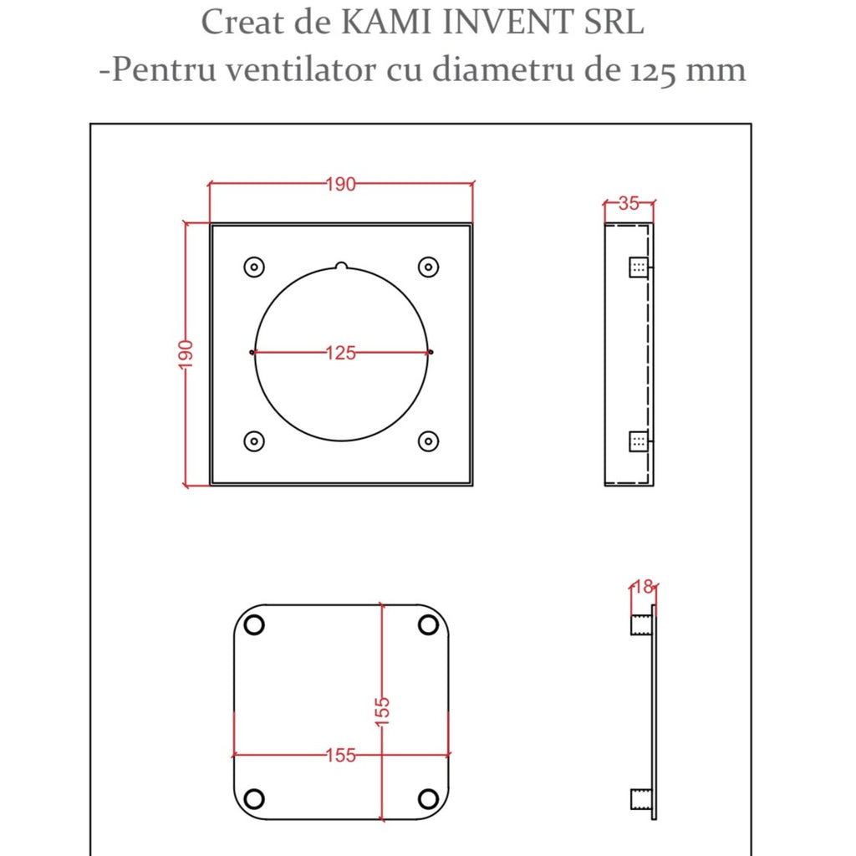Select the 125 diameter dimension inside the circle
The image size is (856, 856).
340,353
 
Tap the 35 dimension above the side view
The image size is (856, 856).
629,203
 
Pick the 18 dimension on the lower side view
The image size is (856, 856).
642,587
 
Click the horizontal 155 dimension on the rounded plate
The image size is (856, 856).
340,756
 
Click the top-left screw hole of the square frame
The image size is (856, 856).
253,267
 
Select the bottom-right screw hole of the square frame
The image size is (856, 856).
428,441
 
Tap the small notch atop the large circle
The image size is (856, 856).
341,267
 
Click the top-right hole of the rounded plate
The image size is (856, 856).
428,624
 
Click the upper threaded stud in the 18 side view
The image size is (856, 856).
641,624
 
